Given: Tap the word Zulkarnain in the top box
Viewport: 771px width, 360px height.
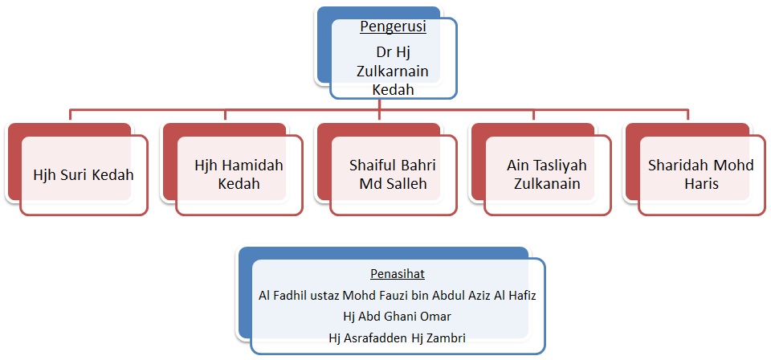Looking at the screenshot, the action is [x=393, y=71].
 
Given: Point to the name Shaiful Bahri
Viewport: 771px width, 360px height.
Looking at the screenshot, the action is [x=393, y=165].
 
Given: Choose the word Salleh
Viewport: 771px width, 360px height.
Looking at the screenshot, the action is [x=409, y=183].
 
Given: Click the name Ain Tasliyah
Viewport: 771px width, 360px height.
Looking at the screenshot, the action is [x=547, y=166].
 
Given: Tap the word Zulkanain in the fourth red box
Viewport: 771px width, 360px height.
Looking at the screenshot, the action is [x=547, y=183].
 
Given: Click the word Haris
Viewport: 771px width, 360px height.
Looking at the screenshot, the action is [x=700, y=183].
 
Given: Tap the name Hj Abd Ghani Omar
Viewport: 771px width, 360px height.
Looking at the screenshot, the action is [x=397, y=317].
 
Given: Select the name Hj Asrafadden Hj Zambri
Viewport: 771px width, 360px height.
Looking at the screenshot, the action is [x=397, y=337].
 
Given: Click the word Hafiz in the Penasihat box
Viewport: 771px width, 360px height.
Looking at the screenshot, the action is [x=523, y=296].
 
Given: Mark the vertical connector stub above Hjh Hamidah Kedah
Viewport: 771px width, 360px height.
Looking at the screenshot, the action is [x=225, y=114].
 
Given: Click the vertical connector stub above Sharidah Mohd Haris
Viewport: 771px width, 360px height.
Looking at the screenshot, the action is [x=687, y=114].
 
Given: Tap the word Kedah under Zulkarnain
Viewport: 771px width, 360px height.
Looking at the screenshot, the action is [x=393, y=89].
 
